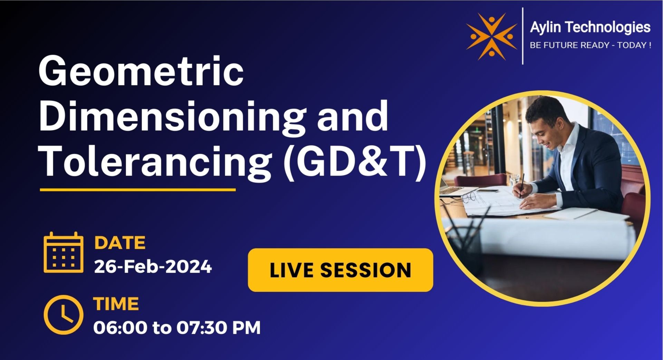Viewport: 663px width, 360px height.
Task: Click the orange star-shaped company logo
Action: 491,36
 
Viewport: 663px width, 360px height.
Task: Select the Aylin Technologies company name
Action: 590,27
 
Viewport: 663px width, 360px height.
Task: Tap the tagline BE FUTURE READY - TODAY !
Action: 590,45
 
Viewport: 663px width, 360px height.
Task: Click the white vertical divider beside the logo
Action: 522,36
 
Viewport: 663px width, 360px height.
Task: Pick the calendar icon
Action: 64,253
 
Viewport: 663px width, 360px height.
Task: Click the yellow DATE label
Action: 119,243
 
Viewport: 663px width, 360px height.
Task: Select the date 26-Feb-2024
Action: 153,266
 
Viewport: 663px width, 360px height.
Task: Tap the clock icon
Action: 64,314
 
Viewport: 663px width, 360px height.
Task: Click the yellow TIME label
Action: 116,304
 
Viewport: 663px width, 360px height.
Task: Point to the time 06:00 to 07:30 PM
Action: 177,327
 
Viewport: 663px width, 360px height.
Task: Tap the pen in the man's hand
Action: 522,185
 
